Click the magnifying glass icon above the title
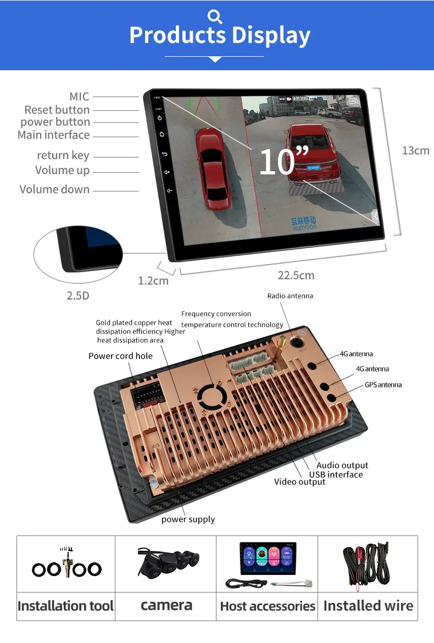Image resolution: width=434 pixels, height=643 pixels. (215, 16)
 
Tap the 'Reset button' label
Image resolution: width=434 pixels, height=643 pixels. (57, 110)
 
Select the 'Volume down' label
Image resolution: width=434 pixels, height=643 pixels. (54, 189)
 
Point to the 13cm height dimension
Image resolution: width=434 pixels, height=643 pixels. (415, 150)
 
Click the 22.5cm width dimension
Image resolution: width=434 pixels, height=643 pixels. (296, 275)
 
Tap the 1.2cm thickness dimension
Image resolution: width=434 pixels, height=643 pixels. (153, 280)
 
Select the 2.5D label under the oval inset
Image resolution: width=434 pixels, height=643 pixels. (77, 295)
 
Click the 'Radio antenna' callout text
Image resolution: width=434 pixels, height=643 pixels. (290, 296)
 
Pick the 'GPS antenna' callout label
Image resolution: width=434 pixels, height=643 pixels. (383, 385)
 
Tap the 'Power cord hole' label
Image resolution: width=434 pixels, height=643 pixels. (120, 356)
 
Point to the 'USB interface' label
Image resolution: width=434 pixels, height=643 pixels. (336, 475)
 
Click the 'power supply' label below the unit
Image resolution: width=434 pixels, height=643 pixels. (188, 519)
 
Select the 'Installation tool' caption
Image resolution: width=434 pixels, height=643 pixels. (65, 606)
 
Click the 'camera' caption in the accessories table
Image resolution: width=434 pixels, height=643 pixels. (166, 605)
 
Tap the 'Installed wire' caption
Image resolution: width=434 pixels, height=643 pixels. (368, 606)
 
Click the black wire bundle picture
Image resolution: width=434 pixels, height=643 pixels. (368, 564)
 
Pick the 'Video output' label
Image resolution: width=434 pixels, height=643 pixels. (299, 482)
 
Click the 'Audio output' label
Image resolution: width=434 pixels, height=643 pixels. (342, 466)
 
